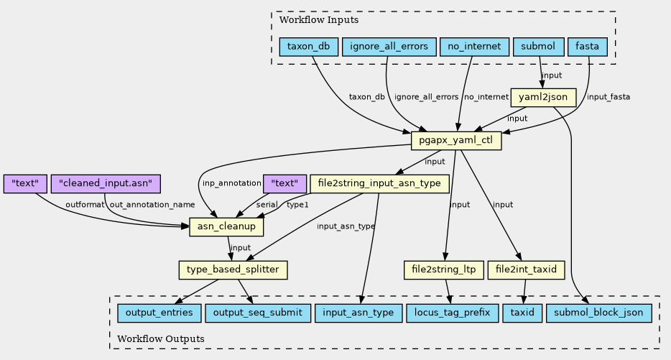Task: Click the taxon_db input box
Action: click(308, 47)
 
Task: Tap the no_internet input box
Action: click(474, 47)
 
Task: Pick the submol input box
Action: click(538, 47)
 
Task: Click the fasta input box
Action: click(588, 47)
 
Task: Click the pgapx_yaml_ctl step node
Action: click(455, 141)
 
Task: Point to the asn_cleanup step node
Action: click(226, 227)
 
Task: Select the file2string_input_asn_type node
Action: click(380, 184)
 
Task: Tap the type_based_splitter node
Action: click(233, 270)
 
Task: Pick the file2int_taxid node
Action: click(526, 270)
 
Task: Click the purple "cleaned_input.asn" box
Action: click(106, 184)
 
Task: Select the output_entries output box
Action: click(159, 313)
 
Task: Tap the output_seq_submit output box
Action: click(258, 313)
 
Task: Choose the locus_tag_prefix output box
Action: click(450, 313)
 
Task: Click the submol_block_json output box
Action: click(599, 313)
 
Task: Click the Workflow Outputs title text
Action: click(160, 338)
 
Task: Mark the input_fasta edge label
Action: click(608, 97)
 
